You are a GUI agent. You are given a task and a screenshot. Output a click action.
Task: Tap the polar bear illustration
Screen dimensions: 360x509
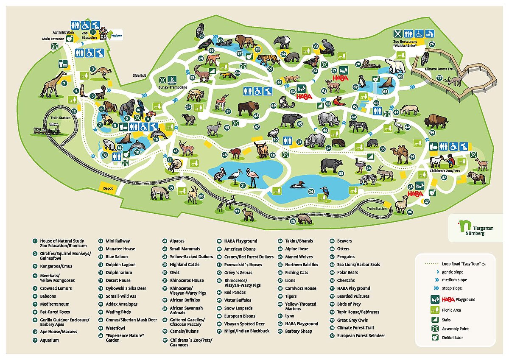pos(395,65)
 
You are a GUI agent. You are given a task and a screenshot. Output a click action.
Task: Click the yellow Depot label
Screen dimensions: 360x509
pos(108,187)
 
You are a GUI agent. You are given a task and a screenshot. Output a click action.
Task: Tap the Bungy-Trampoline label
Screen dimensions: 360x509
pos(173,87)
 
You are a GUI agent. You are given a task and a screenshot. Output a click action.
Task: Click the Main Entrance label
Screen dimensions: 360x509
pos(53,39)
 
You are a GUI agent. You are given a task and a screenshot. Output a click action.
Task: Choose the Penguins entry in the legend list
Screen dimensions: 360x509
pos(346,257)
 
